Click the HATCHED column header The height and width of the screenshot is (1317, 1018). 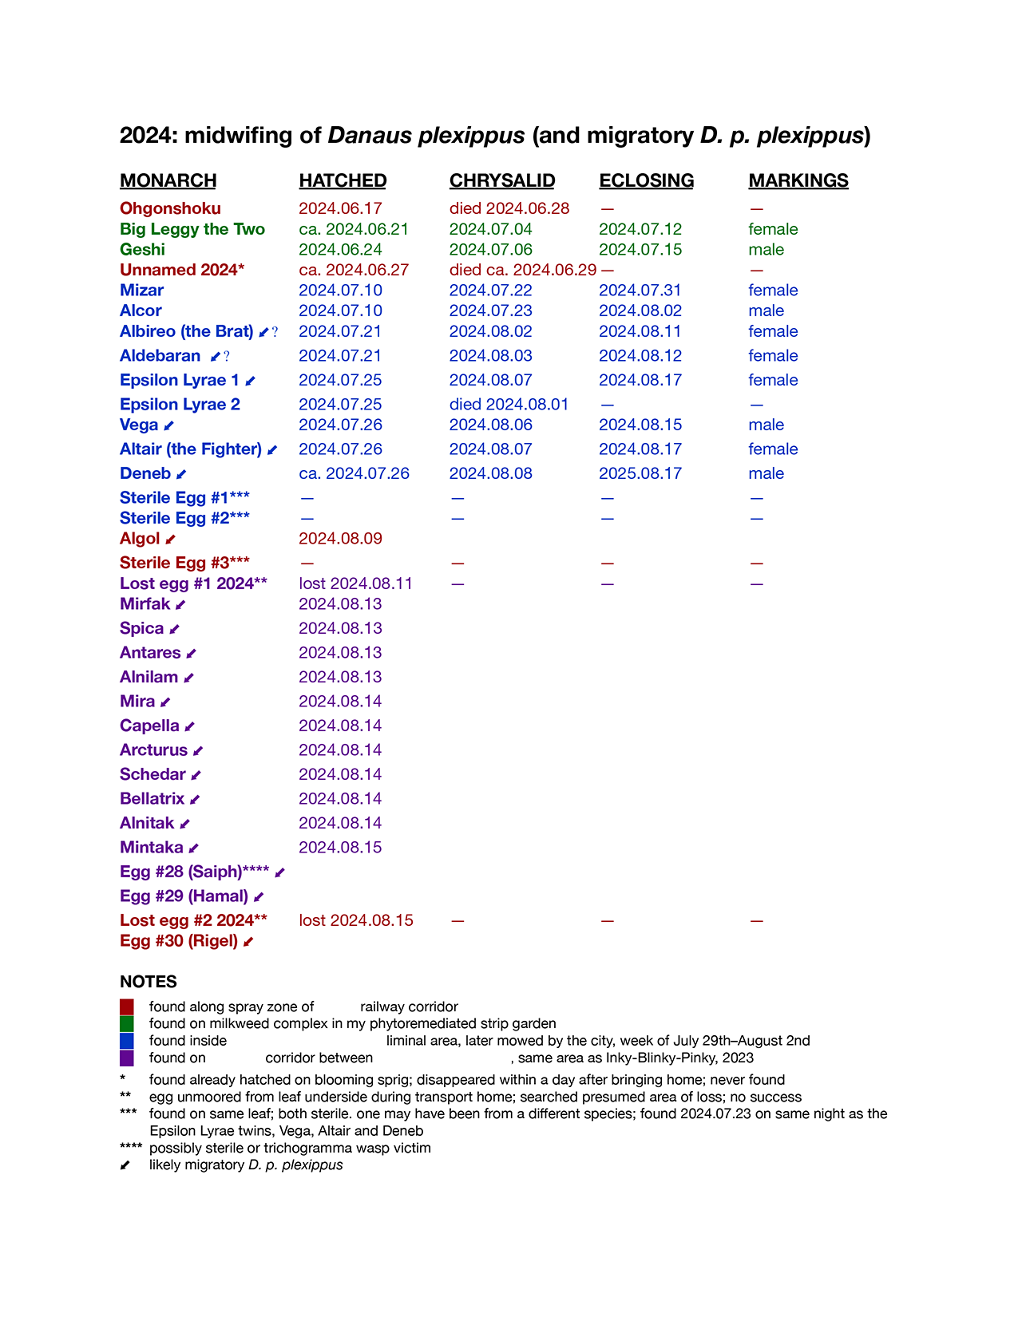pos(343,181)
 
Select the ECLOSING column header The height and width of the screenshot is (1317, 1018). pos(646,181)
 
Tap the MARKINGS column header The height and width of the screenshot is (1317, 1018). pos(798,181)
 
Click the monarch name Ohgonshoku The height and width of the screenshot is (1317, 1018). pos(170,208)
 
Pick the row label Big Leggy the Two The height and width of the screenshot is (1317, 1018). pos(192,229)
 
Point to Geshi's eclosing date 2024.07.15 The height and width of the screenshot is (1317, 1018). pos(640,250)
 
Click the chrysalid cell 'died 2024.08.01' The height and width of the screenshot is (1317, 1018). pos(509,405)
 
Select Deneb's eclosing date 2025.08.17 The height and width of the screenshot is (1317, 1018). pos(640,473)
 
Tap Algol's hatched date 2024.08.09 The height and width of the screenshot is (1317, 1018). pos(340,539)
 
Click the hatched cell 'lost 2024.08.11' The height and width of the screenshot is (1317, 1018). pos(355,583)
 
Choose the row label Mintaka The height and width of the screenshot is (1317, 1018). pos(152,848)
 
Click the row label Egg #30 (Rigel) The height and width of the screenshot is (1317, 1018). pos(179,941)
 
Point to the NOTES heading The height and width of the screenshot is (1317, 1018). pos(149,982)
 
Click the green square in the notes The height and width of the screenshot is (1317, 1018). pos(127,1023)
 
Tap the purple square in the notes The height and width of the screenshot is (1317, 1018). pos(127,1058)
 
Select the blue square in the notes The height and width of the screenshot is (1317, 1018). pos(127,1041)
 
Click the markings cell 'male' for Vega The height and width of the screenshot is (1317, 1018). pos(766,425)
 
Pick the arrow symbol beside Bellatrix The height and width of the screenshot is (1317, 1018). pos(195,800)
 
